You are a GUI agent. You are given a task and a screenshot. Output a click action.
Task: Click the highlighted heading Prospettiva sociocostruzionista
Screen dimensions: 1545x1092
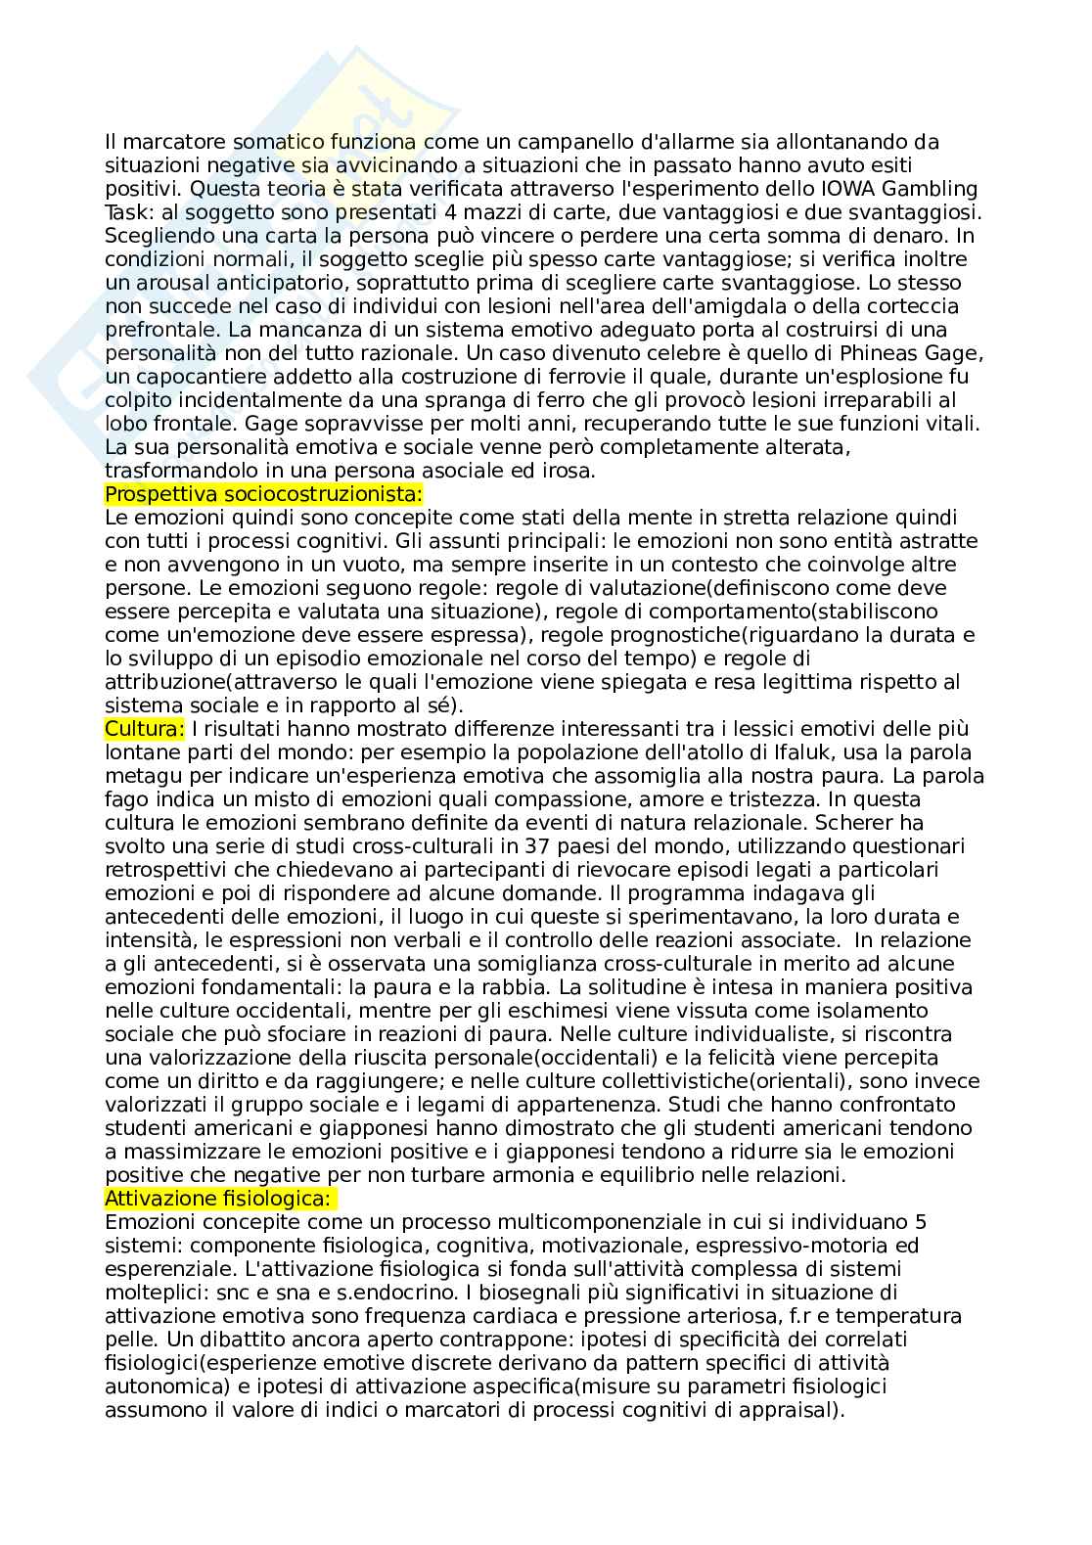263,494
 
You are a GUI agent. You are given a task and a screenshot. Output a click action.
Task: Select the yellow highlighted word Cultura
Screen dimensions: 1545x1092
144,729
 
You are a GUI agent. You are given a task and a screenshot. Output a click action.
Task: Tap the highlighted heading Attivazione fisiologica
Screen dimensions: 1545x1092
219,1199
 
